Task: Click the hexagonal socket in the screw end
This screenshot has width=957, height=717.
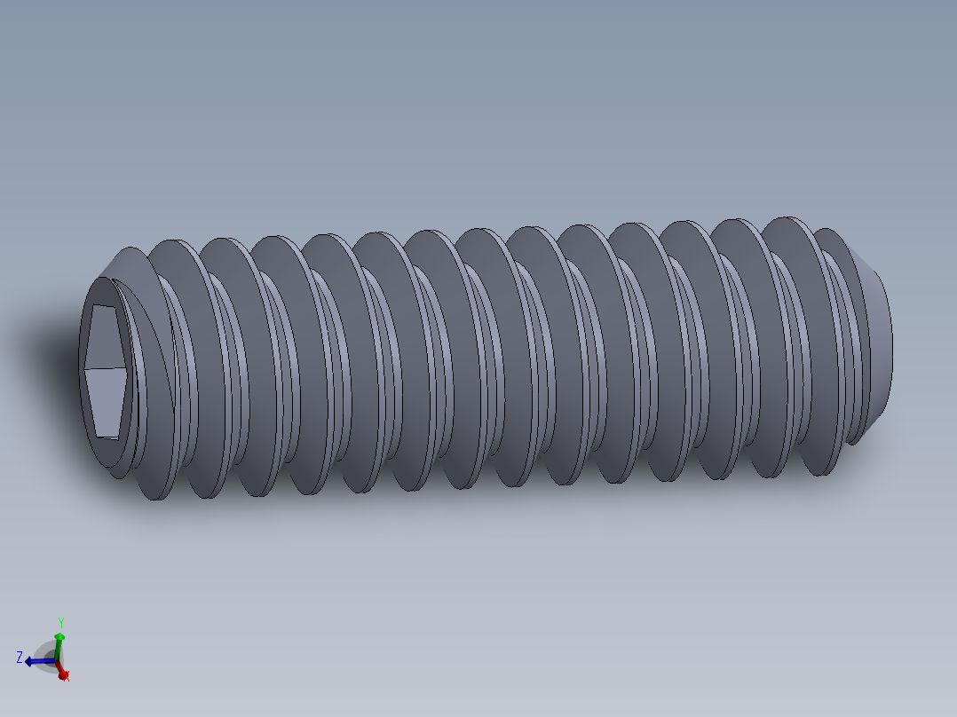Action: (107, 371)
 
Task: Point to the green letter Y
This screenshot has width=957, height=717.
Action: (60, 622)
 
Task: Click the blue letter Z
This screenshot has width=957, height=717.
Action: (20, 658)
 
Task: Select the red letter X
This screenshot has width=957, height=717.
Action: (67, 676)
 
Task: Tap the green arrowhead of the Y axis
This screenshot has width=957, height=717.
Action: (59, 636)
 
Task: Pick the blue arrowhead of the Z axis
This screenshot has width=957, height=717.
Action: (29, 661)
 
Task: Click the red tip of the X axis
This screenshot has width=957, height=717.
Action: (63, 674)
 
